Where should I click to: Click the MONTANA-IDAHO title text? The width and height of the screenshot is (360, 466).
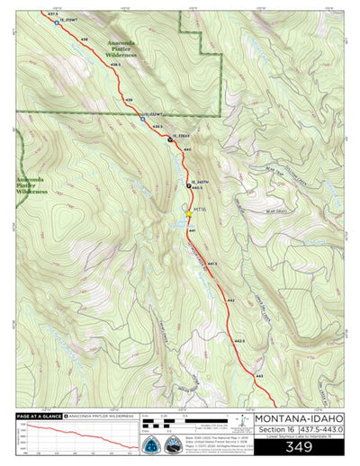point(300,418)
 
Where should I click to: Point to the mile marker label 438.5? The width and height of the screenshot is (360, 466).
point(115,65)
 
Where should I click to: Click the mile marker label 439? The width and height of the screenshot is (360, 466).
point(129,99)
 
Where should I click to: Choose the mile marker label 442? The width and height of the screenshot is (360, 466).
point(231,300)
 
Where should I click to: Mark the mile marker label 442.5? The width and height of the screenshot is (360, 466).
point(239,341)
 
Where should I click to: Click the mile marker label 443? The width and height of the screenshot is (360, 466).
point(259,374)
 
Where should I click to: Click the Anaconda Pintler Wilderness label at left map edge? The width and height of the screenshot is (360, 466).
point(31,185)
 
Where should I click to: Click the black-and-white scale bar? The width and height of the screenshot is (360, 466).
point(170,420)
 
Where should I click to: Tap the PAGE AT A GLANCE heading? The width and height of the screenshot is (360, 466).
point(43,417)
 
